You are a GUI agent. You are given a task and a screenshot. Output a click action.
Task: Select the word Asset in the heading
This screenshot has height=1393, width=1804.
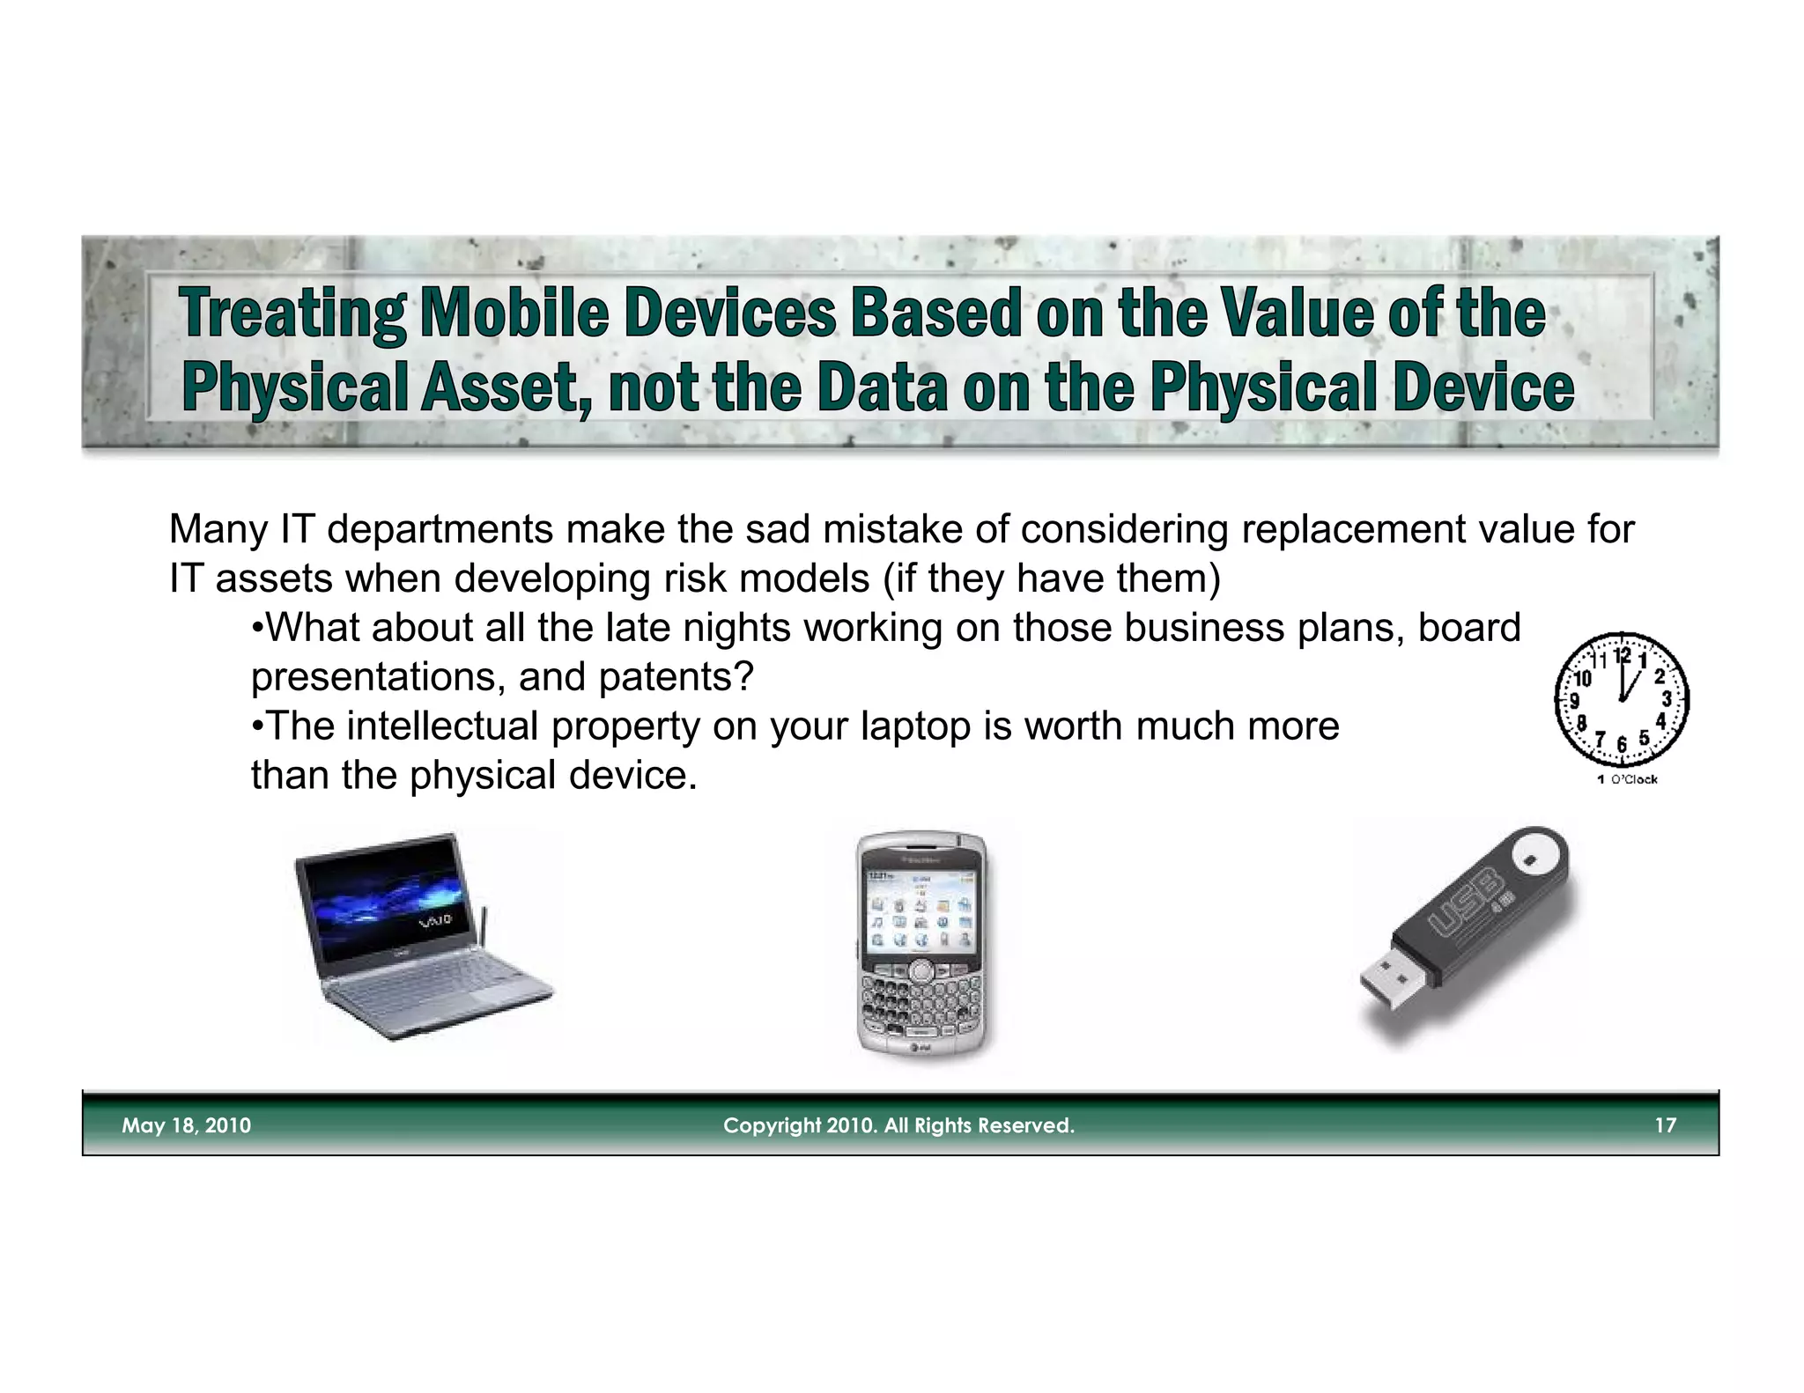pyautogui.click(x=499, y=387)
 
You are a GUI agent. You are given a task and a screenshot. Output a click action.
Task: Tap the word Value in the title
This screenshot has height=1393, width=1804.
pyautogui.click(x=1297, y=313)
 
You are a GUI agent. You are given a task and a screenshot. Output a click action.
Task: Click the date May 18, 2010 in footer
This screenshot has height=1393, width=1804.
pyautogui.click(x=186, y=1125)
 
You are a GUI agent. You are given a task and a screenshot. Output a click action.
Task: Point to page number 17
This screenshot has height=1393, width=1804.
pyautogui.click(x=1665, y=1125)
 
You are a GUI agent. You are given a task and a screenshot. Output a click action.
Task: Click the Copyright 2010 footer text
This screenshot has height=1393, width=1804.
pyautogui.click(x=898, y=1125)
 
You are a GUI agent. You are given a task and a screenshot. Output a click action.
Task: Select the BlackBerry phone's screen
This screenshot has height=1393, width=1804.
pyautogui.click(x=920, y=912)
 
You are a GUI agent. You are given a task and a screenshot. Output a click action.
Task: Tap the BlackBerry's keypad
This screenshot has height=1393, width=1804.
pyautogui.click(x=921, y=999)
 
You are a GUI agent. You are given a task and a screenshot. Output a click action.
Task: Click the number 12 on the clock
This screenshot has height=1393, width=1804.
pyautogui.click(x=1623, y=655)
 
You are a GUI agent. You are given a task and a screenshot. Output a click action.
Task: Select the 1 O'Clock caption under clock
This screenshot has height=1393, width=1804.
pyautogui.click(x=1628, y=779)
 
